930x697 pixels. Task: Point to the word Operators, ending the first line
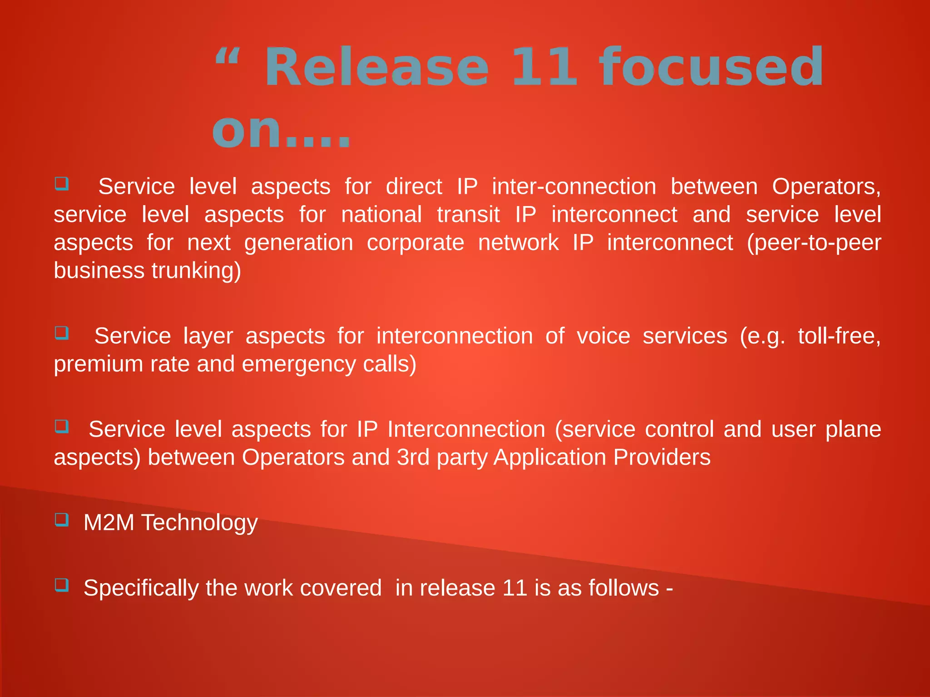tap(826, 187)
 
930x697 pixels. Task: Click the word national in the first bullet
tap(381, 215)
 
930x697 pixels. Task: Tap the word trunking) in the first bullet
tap(196, 271)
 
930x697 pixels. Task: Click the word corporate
tap(415, 243)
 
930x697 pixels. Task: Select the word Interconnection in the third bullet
tap(466, 429)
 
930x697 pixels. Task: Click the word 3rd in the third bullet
tap(413, 457)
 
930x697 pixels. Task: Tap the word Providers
tap(662, 457)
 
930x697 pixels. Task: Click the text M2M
tap(109, 522)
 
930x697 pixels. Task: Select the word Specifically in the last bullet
tap(141, 588)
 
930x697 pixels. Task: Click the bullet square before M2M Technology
tap(62, 519)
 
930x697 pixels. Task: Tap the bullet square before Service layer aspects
tap(62, 333)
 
